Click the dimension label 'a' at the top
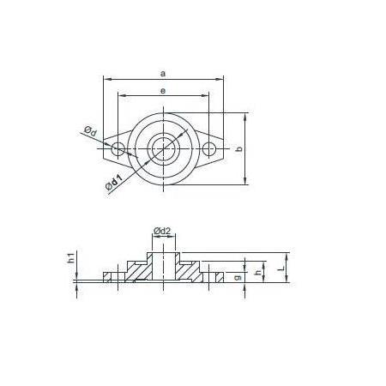pos(163,73)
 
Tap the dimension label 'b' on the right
pos(239,148)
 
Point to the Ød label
pos(90,130)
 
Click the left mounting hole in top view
pos(118,149)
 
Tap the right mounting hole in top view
pos(208,149)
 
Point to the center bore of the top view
pos(163,149)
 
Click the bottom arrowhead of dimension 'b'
pos(248,181)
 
